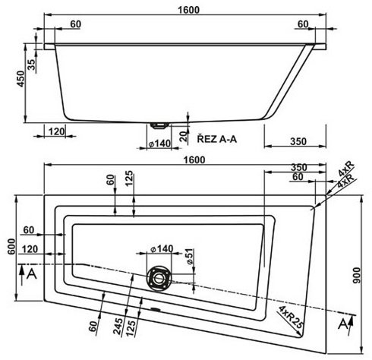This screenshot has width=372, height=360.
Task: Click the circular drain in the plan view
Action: (159, 277)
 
